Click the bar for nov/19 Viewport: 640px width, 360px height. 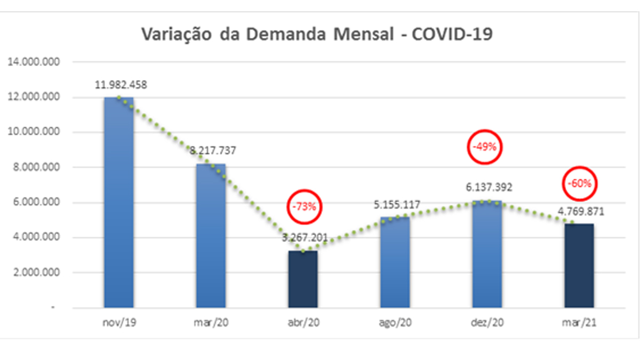click(x=119, y=203)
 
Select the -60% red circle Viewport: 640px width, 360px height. click(x=579, y=183)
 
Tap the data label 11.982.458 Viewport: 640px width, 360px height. click(x=121, y=84)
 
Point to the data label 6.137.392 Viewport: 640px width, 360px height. click(x=487, y=187)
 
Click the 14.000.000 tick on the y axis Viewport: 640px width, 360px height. click(x=33, y=62)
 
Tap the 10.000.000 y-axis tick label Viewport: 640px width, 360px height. click(x=33, y=132)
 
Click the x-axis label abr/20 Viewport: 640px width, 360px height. click(x=303, y=323)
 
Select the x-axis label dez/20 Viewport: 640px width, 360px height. click(x=487, y=323)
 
